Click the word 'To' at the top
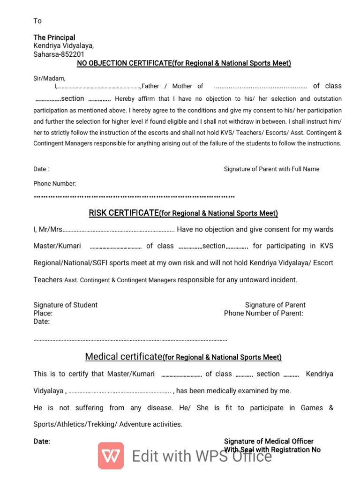click(x=37, y=21)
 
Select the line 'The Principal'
click(x=54, y=37)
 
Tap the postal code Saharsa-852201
click(x=59, y=54)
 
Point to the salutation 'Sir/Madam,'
click(x=49, y=78)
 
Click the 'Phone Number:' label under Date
click(x=54, y=184)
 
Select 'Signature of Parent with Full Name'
click(x=271, y=169)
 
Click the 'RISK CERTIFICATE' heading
click(x=124, y=213)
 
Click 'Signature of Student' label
click(x=65, y=305)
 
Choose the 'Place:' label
click(x=43, y=313)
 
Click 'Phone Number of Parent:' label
click(x=263, y=313)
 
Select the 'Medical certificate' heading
click(x=123, y=357)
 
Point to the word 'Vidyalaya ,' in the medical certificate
click(x=50, y=390)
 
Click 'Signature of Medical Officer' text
click(x=269, y=441)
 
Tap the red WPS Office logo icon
click(x=111, y=456)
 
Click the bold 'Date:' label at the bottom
click(x=42, y=441)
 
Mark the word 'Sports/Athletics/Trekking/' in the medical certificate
click(x=75, y=424)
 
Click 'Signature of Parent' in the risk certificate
click(x=275, y=305)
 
